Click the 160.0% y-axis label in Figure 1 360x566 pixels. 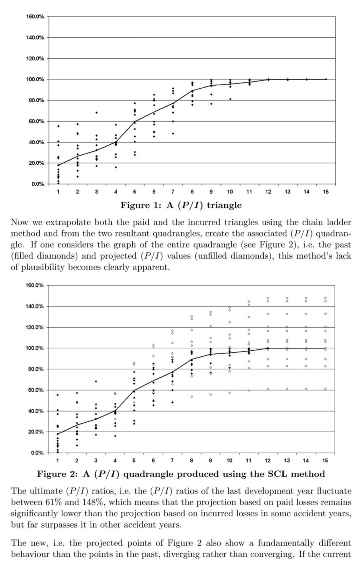coord(35,17)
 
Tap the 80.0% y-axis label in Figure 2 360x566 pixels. coord(35,369)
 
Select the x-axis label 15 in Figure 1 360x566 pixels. coord(325,192)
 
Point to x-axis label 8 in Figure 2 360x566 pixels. coord(191,461)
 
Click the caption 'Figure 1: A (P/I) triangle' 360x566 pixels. coord(181,205)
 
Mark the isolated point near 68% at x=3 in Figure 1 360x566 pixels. coord(96,112)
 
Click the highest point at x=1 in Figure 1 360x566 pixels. coord(58,126)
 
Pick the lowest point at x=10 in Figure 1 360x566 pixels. coord(230,99)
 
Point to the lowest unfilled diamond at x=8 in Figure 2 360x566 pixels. coord(192,397)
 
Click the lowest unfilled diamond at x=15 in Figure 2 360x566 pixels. coord(325,389)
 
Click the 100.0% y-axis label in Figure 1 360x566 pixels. coord(35,79)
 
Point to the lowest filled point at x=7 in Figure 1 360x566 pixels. coord(173,133)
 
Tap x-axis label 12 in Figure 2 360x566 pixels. coord(268,461)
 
